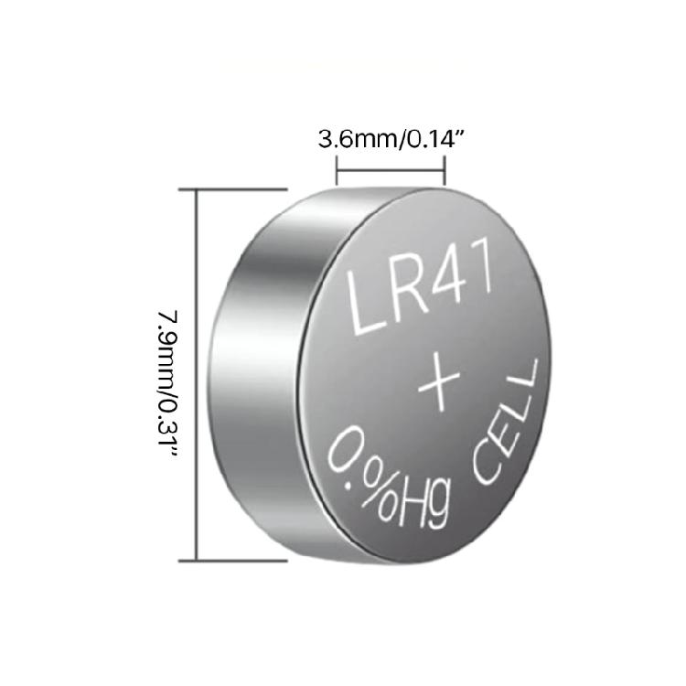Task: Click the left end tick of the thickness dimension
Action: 338,170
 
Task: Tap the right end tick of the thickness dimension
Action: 445,170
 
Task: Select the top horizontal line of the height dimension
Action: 233,188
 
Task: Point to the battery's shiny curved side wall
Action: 252,366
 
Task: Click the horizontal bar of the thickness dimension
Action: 391,170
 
